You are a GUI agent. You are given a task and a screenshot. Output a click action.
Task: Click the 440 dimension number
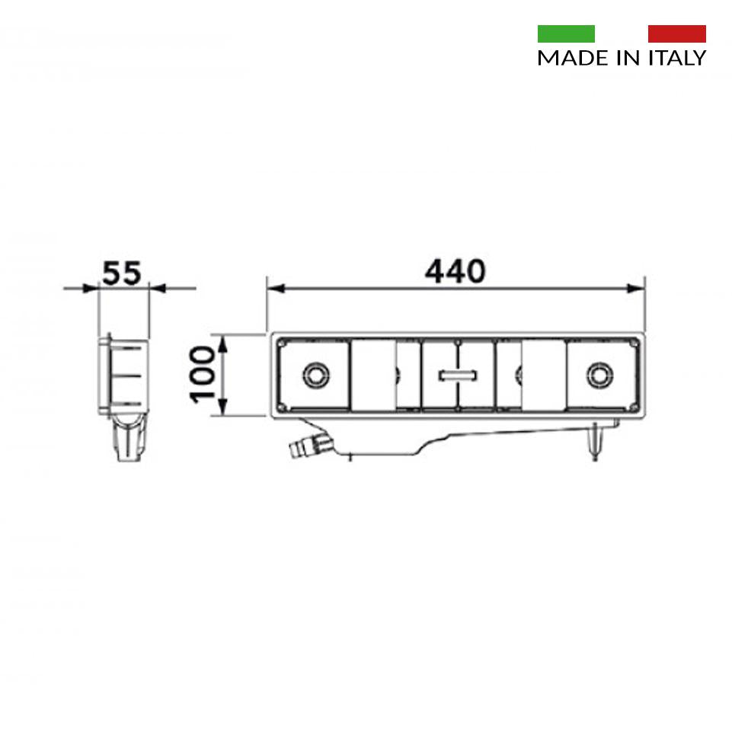[456, 271]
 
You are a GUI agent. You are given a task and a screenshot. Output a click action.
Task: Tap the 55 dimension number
[121, 273]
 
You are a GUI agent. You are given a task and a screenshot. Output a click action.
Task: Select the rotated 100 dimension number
[202, 375]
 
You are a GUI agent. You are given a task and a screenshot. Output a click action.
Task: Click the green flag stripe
[566, 34]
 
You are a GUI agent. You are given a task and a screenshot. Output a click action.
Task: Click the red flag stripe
[677, 34]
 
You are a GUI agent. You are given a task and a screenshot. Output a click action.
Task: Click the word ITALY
[677, 58]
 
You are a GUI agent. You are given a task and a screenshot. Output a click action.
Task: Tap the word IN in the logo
[629, 58]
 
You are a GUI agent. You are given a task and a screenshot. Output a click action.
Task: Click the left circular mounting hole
[316, 375]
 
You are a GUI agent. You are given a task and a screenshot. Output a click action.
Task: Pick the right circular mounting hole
[600, 375]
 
